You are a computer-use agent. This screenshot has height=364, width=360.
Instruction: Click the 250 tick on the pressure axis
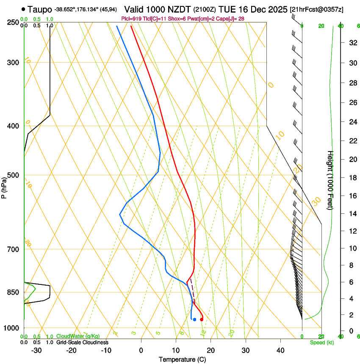pyautogui.click(x=13, y=22)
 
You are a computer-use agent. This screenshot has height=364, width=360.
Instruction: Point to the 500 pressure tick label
pyautogui.click(x=13, y=175)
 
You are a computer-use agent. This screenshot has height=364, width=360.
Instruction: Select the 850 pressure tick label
pyautogui.click(x=13, y=292)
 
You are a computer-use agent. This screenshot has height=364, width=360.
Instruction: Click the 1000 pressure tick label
pyautogui.click(x=11, y=328)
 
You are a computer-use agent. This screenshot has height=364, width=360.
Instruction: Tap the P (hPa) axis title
pyautogui.click(x=4, y=185)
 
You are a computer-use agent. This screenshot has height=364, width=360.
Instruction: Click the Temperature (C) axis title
pyautogui.click(x=182, y=359)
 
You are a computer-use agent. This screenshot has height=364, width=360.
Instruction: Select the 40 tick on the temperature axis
pyautogui.click(x=280, y=350)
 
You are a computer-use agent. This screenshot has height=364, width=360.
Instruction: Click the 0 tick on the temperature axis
pyautogui.click(x=141, y=350)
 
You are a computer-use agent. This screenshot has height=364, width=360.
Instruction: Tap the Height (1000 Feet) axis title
pyautogui.click(x=331, y=180)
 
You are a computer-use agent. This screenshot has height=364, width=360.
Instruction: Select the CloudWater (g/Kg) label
pyautogui.click(x=78, y=336)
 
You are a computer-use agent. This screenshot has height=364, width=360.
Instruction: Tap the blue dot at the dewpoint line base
pyautogui.click(x=194, y=320)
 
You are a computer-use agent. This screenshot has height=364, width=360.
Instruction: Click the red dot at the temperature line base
pyautogui.click(x=202, y=320)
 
